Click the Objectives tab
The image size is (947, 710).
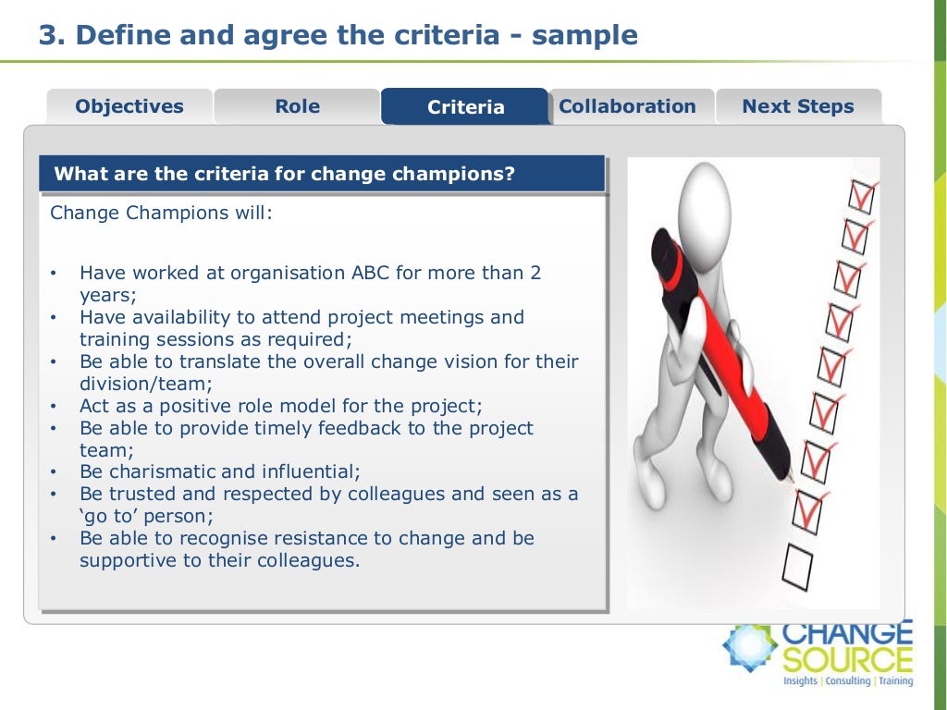(129, 106)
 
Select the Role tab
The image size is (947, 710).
(297, 106)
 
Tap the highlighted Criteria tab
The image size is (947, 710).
(465, 107)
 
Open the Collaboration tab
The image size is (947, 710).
(627, 106)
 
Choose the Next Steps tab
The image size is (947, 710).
(797, 106)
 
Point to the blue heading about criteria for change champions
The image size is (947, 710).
(285, 174)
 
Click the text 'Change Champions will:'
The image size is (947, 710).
(162, 213)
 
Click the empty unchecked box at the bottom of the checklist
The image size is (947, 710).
(797, 566)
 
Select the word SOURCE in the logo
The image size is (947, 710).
(847, 660)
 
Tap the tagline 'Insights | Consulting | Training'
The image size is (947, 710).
(847, 681)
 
